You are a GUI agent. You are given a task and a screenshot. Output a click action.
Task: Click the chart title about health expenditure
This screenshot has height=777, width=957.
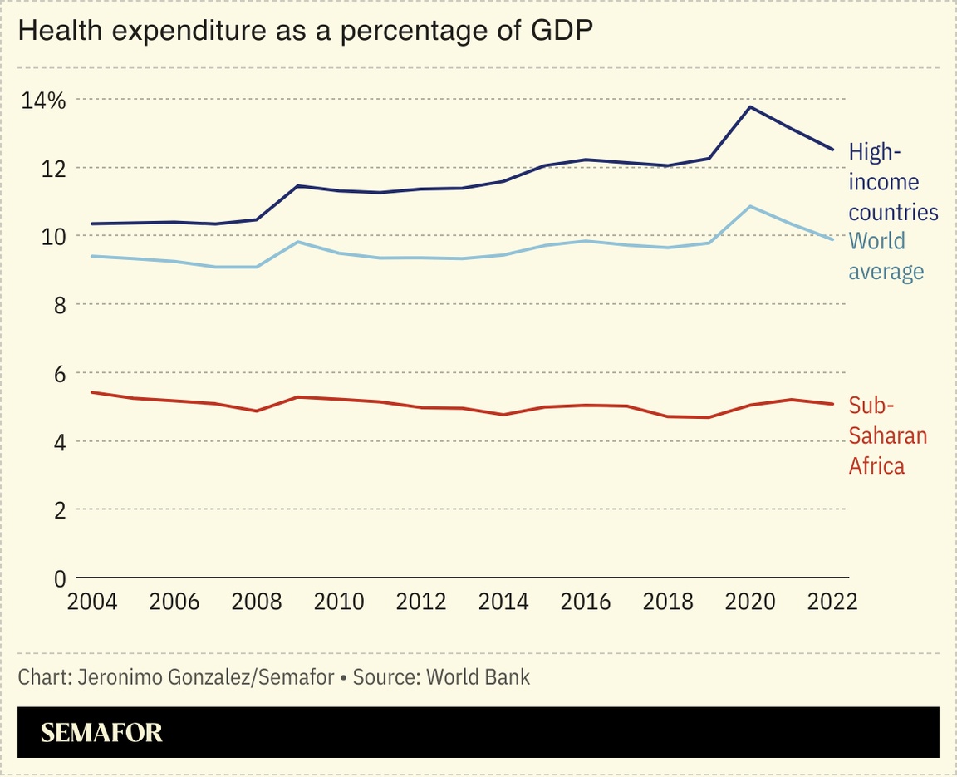[307, 32]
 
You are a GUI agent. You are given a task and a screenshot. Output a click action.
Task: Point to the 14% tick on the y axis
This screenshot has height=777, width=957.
[43, 101]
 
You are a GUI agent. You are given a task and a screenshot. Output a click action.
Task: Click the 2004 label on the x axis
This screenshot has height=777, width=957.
[91, 602]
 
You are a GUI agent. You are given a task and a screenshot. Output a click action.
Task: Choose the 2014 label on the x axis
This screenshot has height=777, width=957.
[503, 602]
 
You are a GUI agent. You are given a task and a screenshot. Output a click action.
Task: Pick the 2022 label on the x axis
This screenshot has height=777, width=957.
[832, 602]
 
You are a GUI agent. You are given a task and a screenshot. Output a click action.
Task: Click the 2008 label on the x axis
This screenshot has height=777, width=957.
[256, 602]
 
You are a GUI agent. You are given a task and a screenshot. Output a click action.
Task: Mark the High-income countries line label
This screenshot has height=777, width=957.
[893, 182]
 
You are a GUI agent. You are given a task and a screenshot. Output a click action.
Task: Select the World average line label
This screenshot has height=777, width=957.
[886, 256]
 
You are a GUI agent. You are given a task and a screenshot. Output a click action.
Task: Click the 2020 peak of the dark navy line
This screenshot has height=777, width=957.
[751, 106]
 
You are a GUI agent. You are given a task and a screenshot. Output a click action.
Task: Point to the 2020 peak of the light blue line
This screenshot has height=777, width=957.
[751, 206]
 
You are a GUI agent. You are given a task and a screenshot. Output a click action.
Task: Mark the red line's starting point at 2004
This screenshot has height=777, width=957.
[91, 392]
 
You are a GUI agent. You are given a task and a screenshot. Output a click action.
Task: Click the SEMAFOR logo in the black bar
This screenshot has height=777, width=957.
[101, 732]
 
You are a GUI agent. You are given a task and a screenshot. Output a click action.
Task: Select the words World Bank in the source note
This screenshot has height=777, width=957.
[478, 677]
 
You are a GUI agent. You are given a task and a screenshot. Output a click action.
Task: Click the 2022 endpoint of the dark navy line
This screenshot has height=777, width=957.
[832, 150]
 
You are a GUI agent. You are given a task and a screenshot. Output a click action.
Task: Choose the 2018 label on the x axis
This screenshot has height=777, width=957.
[667, 602]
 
